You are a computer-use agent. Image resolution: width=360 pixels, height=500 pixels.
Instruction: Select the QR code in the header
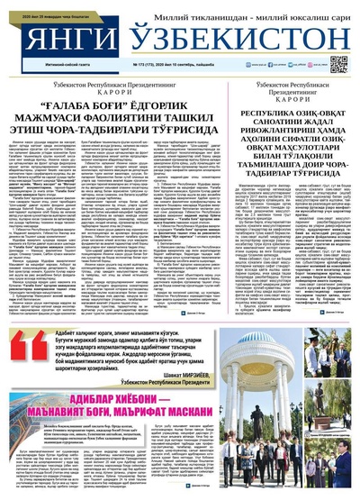(x=338, y=64)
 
